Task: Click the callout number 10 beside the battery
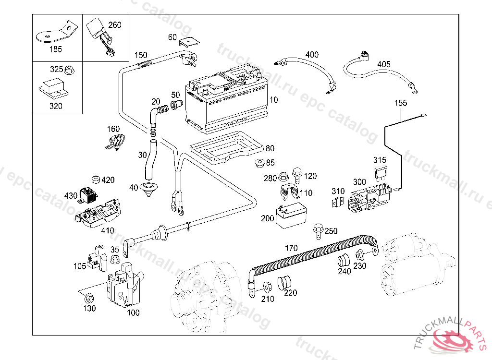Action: (273, 100)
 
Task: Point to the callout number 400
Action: (312, 55)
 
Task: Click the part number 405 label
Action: (384, 64)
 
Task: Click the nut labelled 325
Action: (69, 70)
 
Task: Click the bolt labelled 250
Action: (318, 230)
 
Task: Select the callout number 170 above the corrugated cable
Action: (291, 248)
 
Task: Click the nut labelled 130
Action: (89, 296)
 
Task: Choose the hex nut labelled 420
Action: (95, 180)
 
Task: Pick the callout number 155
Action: (401, 103)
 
